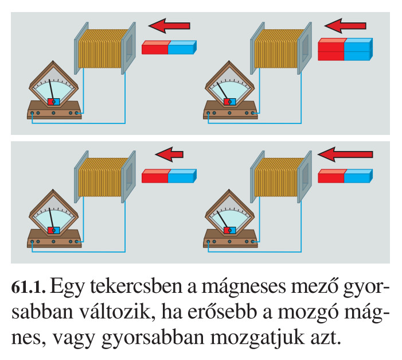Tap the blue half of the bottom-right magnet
coord(358,176)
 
